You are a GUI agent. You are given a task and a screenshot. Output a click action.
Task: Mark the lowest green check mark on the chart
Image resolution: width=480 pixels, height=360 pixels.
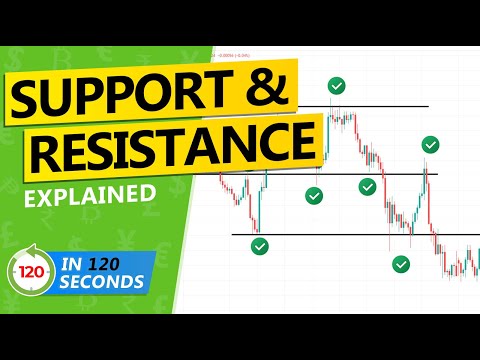click(401, 264)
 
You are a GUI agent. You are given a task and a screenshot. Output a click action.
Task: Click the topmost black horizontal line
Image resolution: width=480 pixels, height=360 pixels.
click(380, 105)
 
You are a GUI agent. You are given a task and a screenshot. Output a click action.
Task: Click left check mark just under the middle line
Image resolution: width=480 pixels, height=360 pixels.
click(315, 196)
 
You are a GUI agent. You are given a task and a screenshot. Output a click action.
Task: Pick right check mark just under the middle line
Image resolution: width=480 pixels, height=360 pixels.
click(368, 186)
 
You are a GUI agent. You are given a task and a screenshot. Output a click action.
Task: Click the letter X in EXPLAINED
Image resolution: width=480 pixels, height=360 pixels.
click(54, 191)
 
